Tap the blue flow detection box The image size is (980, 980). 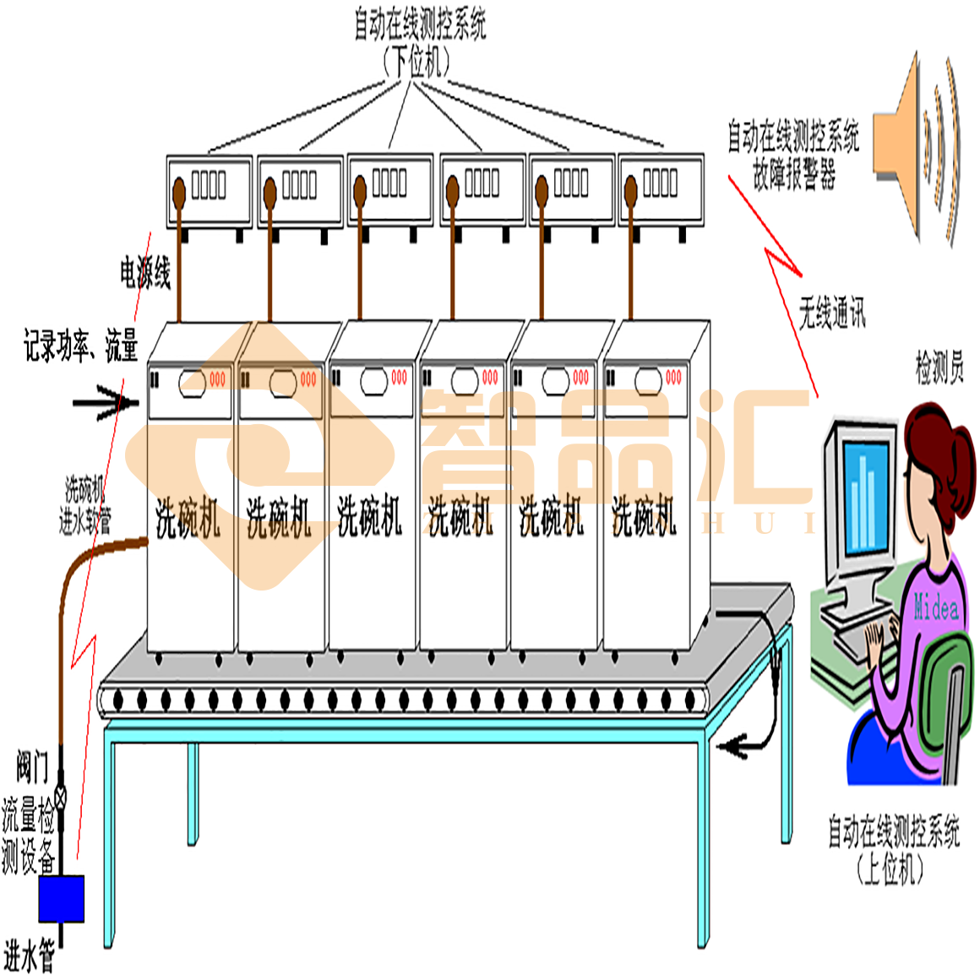[62, 898]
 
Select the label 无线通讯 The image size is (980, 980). [831, 313]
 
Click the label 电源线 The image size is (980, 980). [145, 273]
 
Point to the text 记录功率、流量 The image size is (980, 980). [80, 346]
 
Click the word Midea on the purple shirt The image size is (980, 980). [935, 607]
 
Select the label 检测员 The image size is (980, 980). [939, 368]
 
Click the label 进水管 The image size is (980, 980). [30, 957]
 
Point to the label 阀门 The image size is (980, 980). [32, 767]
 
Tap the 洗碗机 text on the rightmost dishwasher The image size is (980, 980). [644, 516]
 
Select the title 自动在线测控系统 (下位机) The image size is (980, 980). [419, 42]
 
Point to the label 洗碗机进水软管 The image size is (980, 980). [84, 505]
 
